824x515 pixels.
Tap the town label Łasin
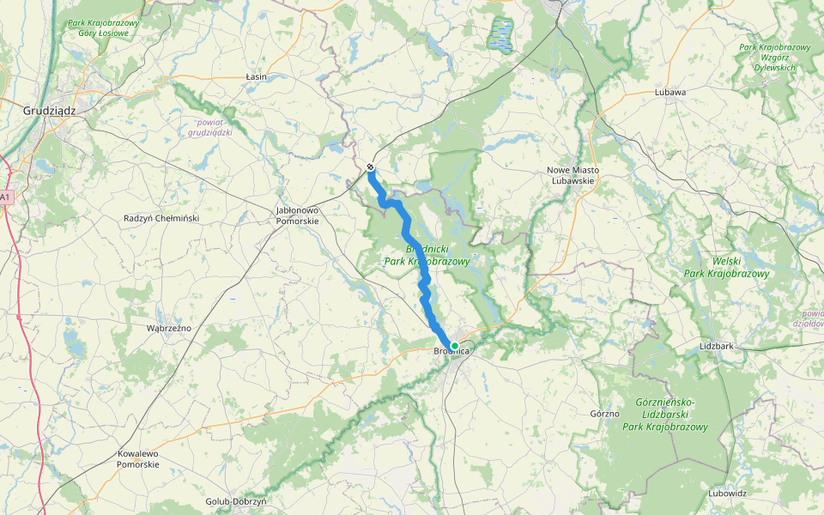256,77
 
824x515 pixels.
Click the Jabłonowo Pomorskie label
297,215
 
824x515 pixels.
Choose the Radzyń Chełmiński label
161,218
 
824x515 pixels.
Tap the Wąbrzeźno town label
169,328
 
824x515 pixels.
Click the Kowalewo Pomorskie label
138,458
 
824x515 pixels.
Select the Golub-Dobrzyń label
237,501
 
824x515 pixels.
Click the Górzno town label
605,414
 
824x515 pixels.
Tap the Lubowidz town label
728,494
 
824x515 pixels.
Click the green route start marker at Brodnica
455,346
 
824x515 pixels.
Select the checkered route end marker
370,167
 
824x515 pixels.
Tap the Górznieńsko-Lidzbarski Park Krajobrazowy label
665,415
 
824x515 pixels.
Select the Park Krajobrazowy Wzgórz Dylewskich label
774,57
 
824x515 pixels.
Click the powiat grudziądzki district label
211,127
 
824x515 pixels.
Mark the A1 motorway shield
5,197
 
